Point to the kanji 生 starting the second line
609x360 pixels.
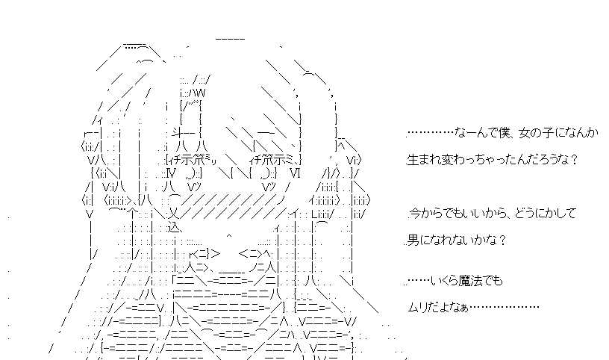[x=412, y=160]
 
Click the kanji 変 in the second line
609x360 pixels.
[x=441, y=160]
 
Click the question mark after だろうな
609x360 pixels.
[x=576, y=160]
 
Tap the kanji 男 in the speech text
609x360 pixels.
[x=412, y=240]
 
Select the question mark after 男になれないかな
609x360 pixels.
[x=503, y=240]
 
